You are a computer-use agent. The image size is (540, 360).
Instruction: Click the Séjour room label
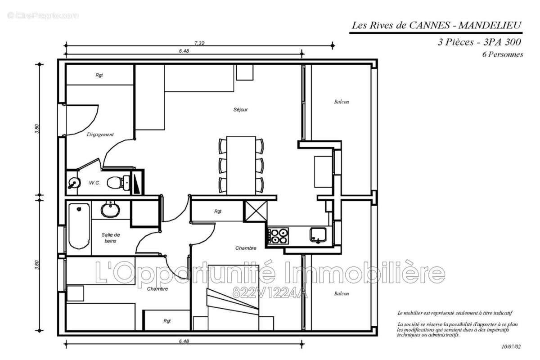(241, 109)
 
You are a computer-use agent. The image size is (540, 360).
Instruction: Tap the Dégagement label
(100, 134)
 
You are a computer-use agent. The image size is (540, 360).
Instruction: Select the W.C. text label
(94, 182)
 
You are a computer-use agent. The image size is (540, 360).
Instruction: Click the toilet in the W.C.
(115, 182)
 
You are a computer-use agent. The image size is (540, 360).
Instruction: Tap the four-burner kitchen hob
(278, 236)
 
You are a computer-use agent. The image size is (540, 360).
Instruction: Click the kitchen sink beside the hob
(318, 234)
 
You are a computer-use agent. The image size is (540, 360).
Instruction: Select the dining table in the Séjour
(241, 165)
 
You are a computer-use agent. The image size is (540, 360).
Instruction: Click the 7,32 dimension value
(200, 43)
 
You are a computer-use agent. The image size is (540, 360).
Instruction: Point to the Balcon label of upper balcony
(342, 102)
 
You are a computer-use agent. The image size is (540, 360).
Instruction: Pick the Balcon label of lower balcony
(342, 293)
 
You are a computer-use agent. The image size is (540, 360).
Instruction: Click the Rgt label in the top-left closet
(99, 75)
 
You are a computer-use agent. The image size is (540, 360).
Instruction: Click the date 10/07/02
(511, 346)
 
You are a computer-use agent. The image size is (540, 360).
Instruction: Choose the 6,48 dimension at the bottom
(184, 342)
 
